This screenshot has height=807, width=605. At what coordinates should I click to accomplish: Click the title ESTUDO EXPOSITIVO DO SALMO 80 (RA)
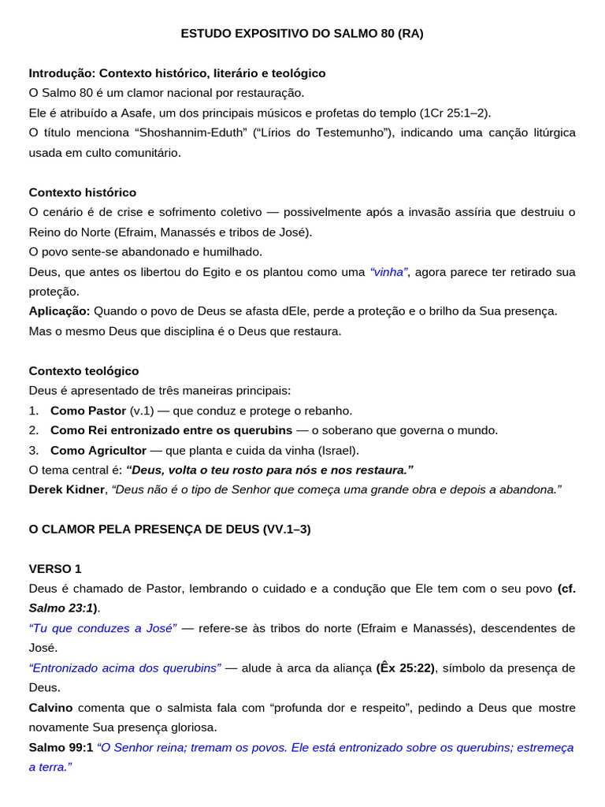[x=302, y=33]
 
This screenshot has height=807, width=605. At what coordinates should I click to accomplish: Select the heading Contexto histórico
[x=83, y=192]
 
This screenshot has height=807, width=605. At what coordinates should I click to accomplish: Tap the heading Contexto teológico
[x=84, y=370]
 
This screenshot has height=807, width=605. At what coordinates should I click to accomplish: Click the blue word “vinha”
[x=388, y=272]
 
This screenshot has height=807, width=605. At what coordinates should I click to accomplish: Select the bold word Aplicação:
[x=60, y=311]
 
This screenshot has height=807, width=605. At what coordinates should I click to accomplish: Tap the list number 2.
[x=34, y=430]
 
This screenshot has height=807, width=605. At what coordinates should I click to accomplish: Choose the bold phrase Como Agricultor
[x=98, y=450]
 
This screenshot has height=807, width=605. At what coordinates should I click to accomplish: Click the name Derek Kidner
[x=67, y=489]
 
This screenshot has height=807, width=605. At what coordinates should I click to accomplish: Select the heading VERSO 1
[x=55, y=569]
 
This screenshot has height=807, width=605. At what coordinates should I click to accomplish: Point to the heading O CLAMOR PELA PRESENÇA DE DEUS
[x=144, y=529]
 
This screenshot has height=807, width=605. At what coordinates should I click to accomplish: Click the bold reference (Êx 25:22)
[x=405, y=668]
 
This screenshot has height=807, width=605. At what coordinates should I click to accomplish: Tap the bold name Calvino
[x=51, y=708]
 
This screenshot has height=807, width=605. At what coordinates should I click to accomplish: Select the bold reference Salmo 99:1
[x=61, y=747]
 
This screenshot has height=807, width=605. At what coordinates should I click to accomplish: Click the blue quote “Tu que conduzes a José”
[x=102, y=628]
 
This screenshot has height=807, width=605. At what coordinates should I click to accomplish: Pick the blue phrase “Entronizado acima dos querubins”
[x=124, y=668]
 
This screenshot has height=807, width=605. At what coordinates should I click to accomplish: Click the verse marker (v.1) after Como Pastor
[x=143, y=411]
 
